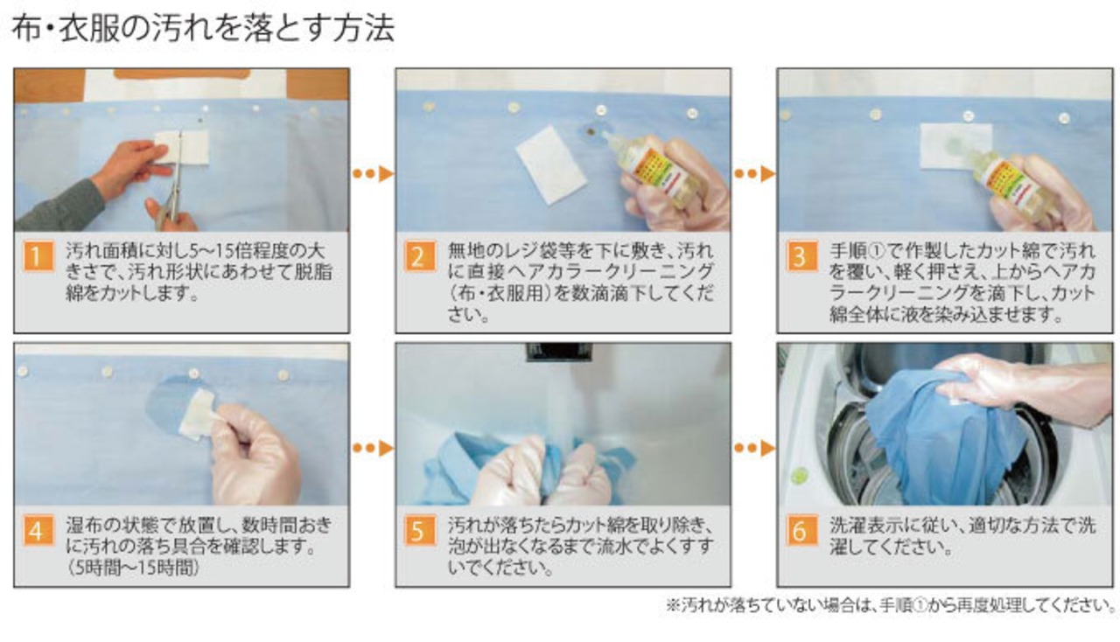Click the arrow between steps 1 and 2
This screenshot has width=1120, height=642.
click(373, 173)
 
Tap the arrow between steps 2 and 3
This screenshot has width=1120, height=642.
click(754, 173)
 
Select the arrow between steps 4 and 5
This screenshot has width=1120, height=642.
click(373, 448)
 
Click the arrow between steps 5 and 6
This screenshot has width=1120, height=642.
click(754, 448)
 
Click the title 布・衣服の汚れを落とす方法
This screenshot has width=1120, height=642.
click(202, 29)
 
